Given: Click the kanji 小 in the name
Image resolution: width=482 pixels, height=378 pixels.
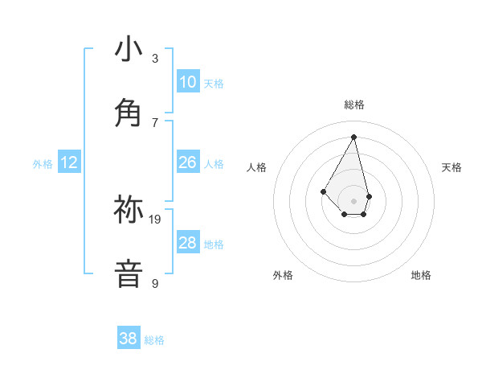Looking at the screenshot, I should coord(129,50).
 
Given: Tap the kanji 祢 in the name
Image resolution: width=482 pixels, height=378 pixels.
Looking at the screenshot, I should coord(129,210).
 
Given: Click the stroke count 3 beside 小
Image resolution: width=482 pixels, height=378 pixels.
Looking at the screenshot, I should coord(155,58).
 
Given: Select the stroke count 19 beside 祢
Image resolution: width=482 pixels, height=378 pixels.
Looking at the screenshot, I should coord(156,219).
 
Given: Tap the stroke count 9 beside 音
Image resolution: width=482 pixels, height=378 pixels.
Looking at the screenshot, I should coord(155,283).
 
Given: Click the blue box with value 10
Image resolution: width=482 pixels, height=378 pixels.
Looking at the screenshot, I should coord(187,82).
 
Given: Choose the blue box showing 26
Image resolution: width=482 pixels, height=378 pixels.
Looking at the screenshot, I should coord(187,162).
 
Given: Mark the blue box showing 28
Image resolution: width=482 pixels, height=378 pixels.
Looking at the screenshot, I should coord(187,243).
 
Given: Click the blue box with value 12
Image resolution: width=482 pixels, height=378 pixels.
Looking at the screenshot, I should coord(69,162).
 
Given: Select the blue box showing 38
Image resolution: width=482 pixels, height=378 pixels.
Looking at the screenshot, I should coord(129,339).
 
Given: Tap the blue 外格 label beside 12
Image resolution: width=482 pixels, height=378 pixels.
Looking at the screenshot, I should coord(43,164).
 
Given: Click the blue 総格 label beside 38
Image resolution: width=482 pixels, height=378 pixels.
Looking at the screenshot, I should coord(154,340).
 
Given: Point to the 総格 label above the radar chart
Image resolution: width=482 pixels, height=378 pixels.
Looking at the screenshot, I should coord(353,105).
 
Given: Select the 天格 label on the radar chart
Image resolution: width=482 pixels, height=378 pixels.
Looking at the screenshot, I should coord(451,167).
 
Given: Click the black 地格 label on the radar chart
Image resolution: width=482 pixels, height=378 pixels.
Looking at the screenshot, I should coord(421,275).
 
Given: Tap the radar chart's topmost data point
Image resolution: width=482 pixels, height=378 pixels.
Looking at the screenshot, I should coord(353,137).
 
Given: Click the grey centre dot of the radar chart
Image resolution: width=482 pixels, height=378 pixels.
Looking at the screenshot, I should coord(353,200).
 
